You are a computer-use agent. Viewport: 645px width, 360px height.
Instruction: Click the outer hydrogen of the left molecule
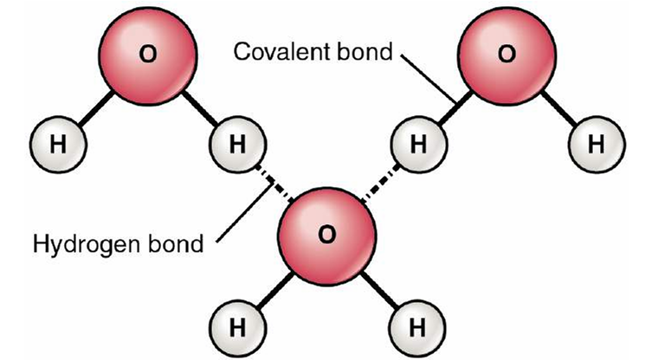(57, 143)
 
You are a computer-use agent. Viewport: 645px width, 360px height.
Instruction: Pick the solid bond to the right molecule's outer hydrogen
(554, 107)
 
